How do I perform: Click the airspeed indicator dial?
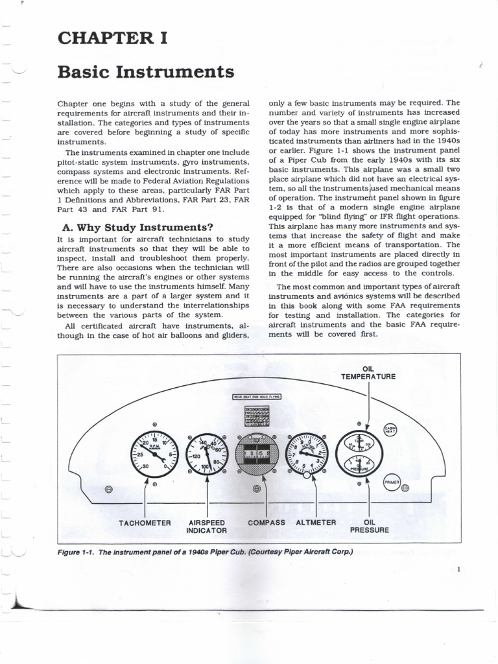click(x=207, y=453)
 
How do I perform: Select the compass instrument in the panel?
click(x=257, y=453)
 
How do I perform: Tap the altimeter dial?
click(x=307, y=452)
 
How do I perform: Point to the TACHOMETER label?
click(x=145, y=523)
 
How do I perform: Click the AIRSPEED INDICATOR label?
click(x=207, y=526)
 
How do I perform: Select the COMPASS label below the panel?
click(x=266, y=523)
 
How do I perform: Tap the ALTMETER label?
click(x=316, y=523)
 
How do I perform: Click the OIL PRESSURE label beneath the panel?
click(x=370, y=526)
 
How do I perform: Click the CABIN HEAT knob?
click(x=391, y=430)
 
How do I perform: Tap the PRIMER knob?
click(x=392, y=482)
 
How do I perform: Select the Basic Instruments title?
click(x=145, y=71)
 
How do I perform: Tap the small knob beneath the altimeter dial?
click(x=307, y=475)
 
